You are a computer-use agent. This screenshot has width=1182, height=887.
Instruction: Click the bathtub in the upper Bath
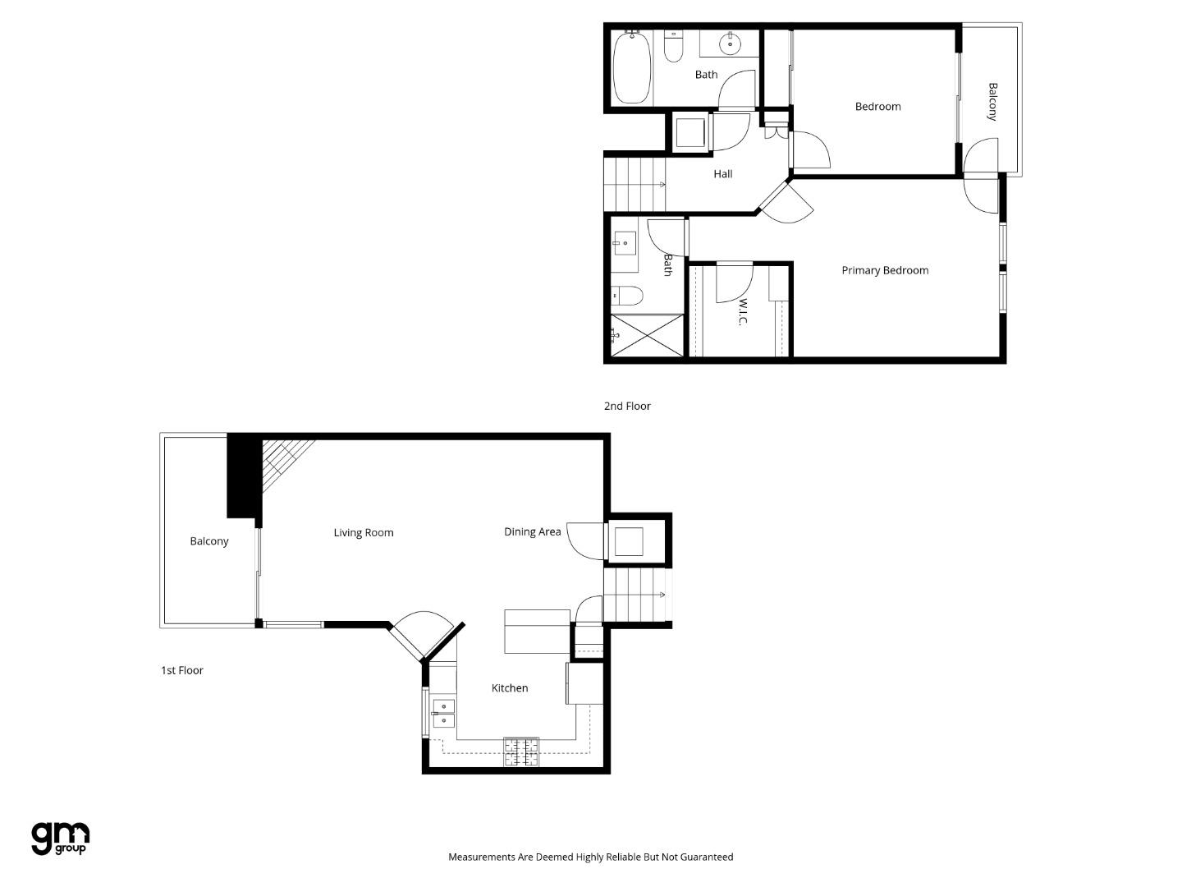632,67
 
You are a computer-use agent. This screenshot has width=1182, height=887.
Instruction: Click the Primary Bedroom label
885,270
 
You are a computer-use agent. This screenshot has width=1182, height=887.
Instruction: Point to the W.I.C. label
742,311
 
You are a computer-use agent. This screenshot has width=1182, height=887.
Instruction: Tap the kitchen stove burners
521,752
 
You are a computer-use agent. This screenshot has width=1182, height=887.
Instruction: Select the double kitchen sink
443,714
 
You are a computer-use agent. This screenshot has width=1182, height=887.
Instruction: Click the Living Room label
364,533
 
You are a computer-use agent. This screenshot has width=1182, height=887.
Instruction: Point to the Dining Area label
533,532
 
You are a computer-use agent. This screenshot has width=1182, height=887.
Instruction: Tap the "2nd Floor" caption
627,406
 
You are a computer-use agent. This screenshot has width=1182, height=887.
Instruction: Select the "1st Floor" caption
182,670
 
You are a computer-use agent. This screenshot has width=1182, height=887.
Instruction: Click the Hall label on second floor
723,174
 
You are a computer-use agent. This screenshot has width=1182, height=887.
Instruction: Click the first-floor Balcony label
209,541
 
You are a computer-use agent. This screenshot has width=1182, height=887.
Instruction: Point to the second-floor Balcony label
992,101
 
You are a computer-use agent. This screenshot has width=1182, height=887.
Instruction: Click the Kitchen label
510,688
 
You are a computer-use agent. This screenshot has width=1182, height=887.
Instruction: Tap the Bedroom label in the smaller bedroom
877,107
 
